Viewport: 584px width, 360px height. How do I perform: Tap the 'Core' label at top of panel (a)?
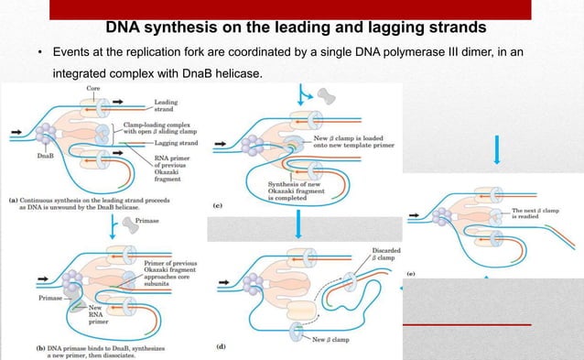pyautogui.click(x=93, y=88)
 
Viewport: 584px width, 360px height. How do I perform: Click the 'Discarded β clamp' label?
pyautogui.click(x=385, y=253)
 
